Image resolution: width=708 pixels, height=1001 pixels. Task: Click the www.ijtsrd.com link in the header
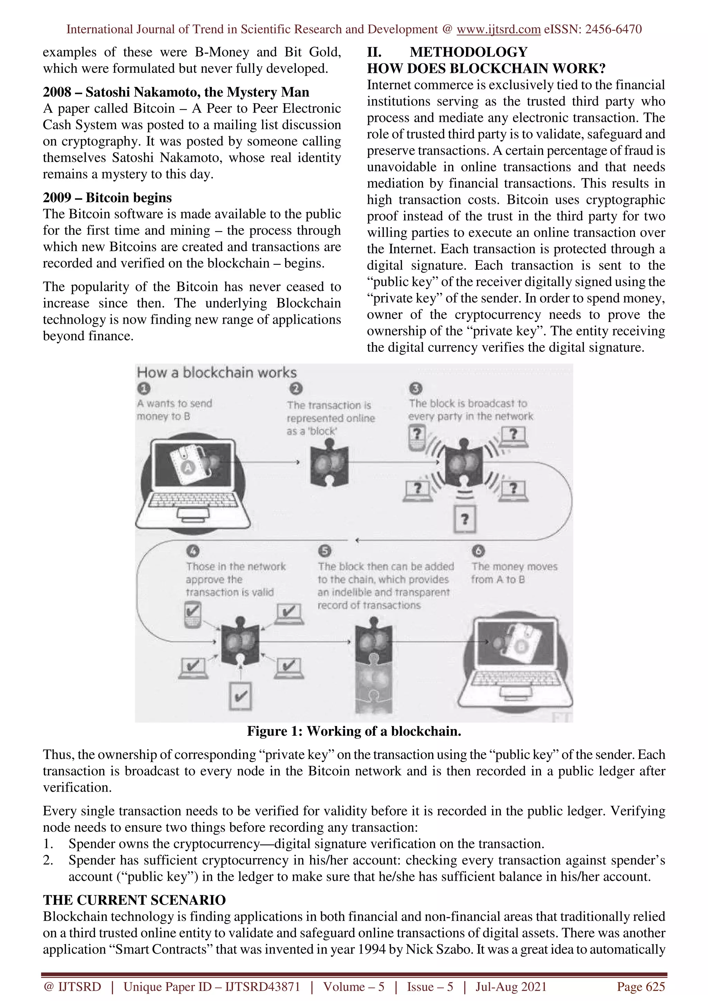coord(498,29)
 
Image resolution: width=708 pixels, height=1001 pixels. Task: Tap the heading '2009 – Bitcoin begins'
coord(107,198)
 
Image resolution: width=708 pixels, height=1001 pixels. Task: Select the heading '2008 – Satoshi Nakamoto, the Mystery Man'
coord(176,92)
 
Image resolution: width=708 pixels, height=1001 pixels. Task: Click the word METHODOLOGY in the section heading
coord(468,52)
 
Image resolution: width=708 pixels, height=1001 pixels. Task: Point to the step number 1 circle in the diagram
coord(143,388)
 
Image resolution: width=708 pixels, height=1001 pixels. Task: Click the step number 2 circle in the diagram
coord(296,388)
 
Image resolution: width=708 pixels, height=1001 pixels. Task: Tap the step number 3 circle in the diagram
coord(416,388)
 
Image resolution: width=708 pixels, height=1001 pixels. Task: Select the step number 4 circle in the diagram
coord(193,551)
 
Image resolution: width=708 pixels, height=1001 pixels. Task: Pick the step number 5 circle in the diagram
coord(325,551)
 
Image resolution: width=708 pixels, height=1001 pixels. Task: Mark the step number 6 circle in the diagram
coord(478,551)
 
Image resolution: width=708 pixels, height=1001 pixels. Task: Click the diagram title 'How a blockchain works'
coord(217,373)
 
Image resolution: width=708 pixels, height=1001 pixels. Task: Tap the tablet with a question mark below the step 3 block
coord(465,519)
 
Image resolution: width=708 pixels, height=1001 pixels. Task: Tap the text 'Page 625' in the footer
coord(640,986)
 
